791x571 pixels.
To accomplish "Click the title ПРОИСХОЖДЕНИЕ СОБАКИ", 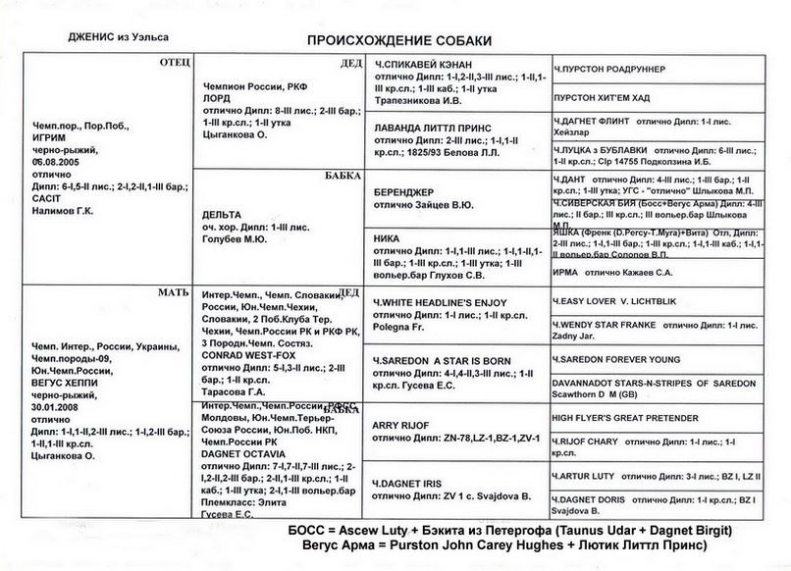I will (x=399, y=41).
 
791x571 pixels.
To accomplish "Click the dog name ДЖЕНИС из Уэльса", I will (x=118, y=36).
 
